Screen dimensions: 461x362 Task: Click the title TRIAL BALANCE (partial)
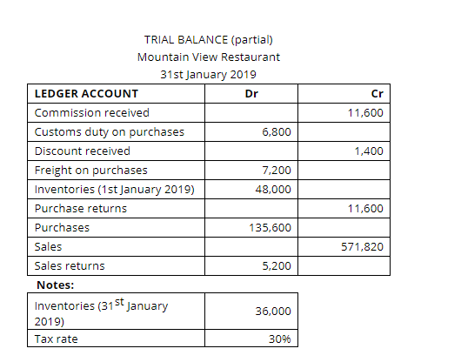point(208,39)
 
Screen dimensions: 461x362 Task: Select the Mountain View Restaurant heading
point(209,57)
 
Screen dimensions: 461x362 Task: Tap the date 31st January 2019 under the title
point(208,74)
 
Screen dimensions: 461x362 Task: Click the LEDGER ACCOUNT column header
point(85,93)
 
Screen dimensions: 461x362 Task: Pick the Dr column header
point(251,93)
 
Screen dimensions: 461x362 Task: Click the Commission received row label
point(91,113)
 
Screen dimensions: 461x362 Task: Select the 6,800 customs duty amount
point(276,132)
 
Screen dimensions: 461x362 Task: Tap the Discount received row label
point(82,151)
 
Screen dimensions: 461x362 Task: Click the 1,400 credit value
point(370,151)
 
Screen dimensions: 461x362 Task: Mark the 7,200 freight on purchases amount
point(276,171)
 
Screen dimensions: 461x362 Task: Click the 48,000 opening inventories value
point(273,190)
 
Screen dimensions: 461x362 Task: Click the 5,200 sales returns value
point(276,266)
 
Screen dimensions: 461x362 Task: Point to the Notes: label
point(54,285)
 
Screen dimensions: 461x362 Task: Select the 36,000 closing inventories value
point(273,312)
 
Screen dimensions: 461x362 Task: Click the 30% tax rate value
point(279,339)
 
